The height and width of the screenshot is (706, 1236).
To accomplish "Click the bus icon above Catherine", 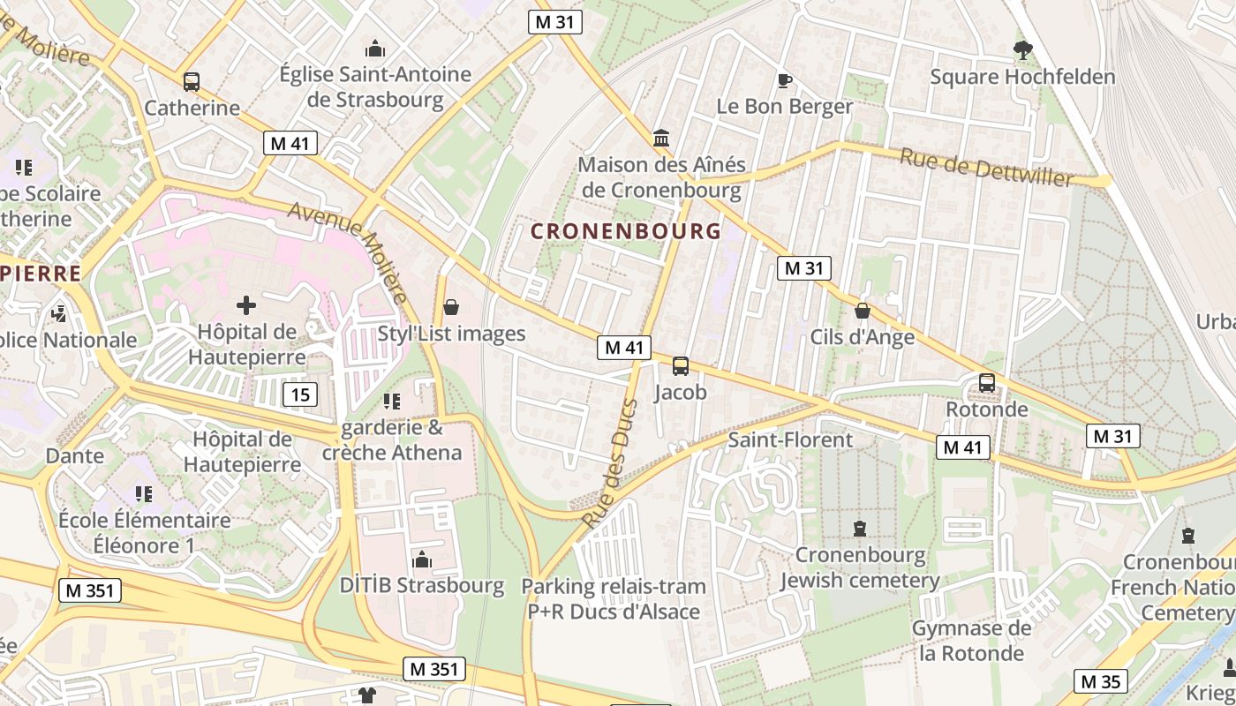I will [192, 82].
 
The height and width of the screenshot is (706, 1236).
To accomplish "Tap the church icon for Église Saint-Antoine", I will [375, 48].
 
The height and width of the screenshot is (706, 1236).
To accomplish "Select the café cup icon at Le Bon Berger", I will [784, 81].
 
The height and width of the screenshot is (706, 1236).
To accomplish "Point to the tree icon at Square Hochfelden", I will [1023, 50].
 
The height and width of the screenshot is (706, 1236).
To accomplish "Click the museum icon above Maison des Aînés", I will [661, 138].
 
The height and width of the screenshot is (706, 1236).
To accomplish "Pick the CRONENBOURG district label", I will [626, 231].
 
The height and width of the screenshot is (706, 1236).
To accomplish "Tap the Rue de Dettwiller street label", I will [986, 167].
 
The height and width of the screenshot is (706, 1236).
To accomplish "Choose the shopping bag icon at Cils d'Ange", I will [863, 311].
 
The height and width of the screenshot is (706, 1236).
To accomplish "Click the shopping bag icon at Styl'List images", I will [451, 307].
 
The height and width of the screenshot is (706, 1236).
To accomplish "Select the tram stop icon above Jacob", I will [681, 366].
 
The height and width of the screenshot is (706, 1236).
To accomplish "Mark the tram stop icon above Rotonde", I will [987, 384].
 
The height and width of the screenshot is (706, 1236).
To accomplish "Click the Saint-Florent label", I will [790, 439].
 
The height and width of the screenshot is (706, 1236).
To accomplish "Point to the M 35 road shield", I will [1100, 681].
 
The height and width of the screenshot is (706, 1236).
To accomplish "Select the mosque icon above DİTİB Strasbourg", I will [422, 560].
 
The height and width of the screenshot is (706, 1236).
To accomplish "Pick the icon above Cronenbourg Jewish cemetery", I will [860, 529].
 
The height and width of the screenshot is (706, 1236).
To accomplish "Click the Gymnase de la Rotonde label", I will [971, 641].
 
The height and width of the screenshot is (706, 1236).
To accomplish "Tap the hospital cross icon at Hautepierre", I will [246, 306].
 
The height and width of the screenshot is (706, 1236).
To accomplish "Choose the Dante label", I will [75, 456].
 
